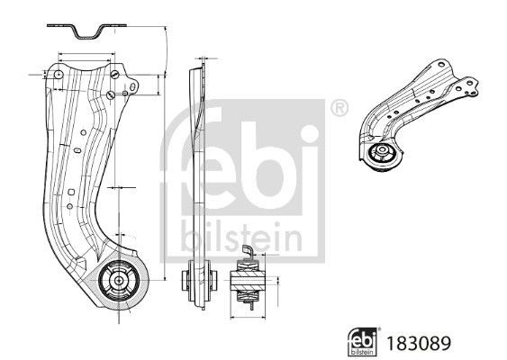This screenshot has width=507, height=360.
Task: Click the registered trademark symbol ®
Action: pyautogui.click(x=339, y=107)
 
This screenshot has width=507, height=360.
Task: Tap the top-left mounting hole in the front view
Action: pyautogui.click(x=55, y=76)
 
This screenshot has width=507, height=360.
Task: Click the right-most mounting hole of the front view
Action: pyautogui.click(x=132, y=87)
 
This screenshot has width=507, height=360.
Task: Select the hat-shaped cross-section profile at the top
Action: pyautogui.click(x=86, y=31)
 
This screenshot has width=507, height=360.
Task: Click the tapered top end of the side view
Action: pyautogui.click(x=202, y=67)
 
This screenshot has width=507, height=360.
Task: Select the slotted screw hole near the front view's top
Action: pyautogui.click(x=109, y=95)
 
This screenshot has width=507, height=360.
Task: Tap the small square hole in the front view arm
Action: pyautogui.click(x=70, y=192)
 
